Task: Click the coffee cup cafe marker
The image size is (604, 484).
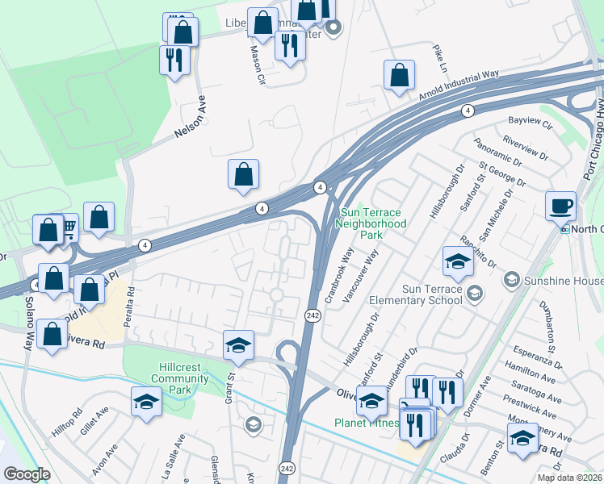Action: pos(560,207)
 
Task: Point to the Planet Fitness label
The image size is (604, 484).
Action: pos(367,423)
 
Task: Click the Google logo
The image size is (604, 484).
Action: pos(27,474)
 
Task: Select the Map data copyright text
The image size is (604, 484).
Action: pos(570,478)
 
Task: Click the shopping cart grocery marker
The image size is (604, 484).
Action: pos(69,227)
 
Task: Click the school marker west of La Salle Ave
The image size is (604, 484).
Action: pos(146,401)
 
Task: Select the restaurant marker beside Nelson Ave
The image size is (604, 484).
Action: pos(174,59)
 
